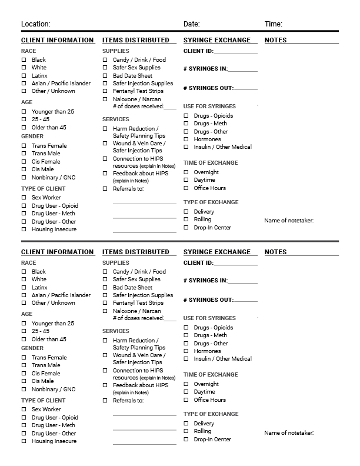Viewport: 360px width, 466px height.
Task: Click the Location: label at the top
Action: (35, 24)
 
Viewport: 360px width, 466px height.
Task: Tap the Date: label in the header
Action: (191, 24)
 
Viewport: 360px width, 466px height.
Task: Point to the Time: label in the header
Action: (274, 24)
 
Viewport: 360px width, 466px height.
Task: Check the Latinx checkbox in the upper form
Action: (24, 75)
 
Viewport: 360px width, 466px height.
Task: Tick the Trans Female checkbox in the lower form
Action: (24, 357)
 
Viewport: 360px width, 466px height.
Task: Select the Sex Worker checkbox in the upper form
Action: (24, 198)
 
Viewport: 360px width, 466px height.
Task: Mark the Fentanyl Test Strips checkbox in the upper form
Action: (105, 91)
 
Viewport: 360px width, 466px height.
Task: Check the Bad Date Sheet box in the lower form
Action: (105, 288)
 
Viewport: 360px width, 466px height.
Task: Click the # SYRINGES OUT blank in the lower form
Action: (246, 301)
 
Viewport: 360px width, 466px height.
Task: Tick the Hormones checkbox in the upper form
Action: (186, 139)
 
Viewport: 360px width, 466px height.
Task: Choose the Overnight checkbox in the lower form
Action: (186, 384)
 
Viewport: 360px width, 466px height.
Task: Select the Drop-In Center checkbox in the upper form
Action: (186, 228)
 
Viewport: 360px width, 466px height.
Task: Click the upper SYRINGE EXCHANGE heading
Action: (216, 40)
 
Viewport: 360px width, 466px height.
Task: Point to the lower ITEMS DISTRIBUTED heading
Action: (135, 252)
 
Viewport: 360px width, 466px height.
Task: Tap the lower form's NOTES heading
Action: (276, 252)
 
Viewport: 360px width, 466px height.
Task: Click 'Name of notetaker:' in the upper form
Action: (289, 221)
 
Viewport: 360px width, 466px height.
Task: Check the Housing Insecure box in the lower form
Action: (24, 441)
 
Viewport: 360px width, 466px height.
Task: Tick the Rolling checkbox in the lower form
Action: (186, 431)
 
